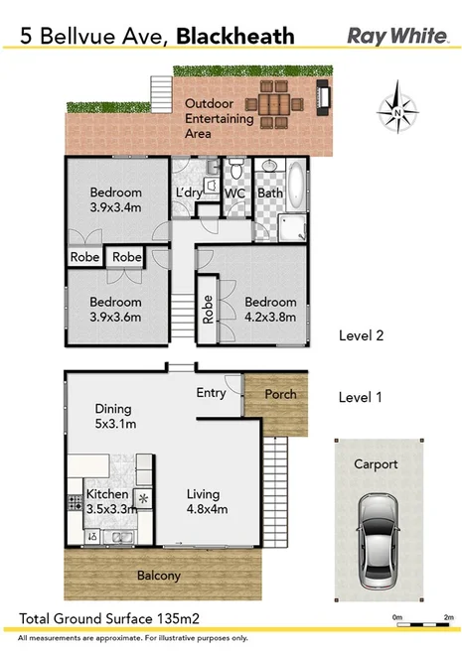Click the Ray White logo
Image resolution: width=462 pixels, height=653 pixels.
click(x=398, y=36)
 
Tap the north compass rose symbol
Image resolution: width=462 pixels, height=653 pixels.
click(x=396, y=112)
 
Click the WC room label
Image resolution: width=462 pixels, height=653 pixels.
click(x=234, y=193)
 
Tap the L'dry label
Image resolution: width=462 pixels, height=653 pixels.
click(x=189, y=193)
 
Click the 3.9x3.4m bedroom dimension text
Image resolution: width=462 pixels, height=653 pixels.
click(x=116, y=207)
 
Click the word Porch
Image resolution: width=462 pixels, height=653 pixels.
click(x=279, y=394)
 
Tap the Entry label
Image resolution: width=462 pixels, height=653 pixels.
click(x=211, y=393)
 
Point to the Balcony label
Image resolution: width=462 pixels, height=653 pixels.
click(x=160, y=576)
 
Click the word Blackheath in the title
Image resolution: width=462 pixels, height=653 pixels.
click(x=235, y=37)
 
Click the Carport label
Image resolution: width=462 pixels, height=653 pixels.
click(x=376, y=463)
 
